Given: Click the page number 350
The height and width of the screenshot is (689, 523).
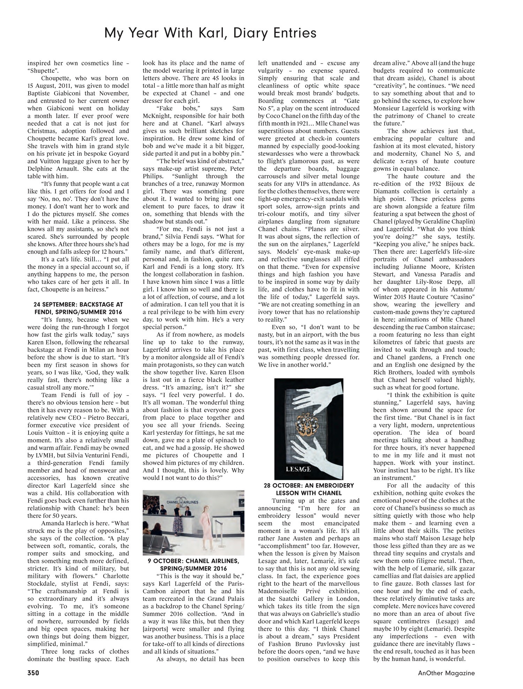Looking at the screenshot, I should click(33, 673).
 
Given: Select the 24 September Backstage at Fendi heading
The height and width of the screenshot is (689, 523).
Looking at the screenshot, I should click(78, 308).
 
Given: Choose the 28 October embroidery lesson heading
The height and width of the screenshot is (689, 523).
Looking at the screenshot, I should click(309, 489).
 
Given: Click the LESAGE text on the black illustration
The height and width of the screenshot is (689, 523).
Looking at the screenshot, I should click(298, 469).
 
